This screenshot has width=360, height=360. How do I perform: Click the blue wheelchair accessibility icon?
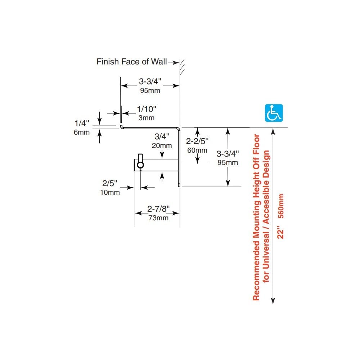274,113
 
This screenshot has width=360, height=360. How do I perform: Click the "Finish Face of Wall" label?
131,62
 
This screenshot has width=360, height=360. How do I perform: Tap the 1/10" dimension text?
147,109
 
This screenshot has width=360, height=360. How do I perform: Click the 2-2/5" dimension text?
197,141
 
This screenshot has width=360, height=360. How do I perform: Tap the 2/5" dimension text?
109,183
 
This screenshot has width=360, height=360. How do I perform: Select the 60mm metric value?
197,150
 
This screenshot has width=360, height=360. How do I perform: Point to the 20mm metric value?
161,145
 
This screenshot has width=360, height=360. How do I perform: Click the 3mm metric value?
146,118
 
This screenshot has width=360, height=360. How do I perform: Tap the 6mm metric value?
81,132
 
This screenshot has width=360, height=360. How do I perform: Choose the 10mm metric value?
109,192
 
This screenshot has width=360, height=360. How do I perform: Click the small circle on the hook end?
140,165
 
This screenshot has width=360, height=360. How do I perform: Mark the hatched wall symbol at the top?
183,67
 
